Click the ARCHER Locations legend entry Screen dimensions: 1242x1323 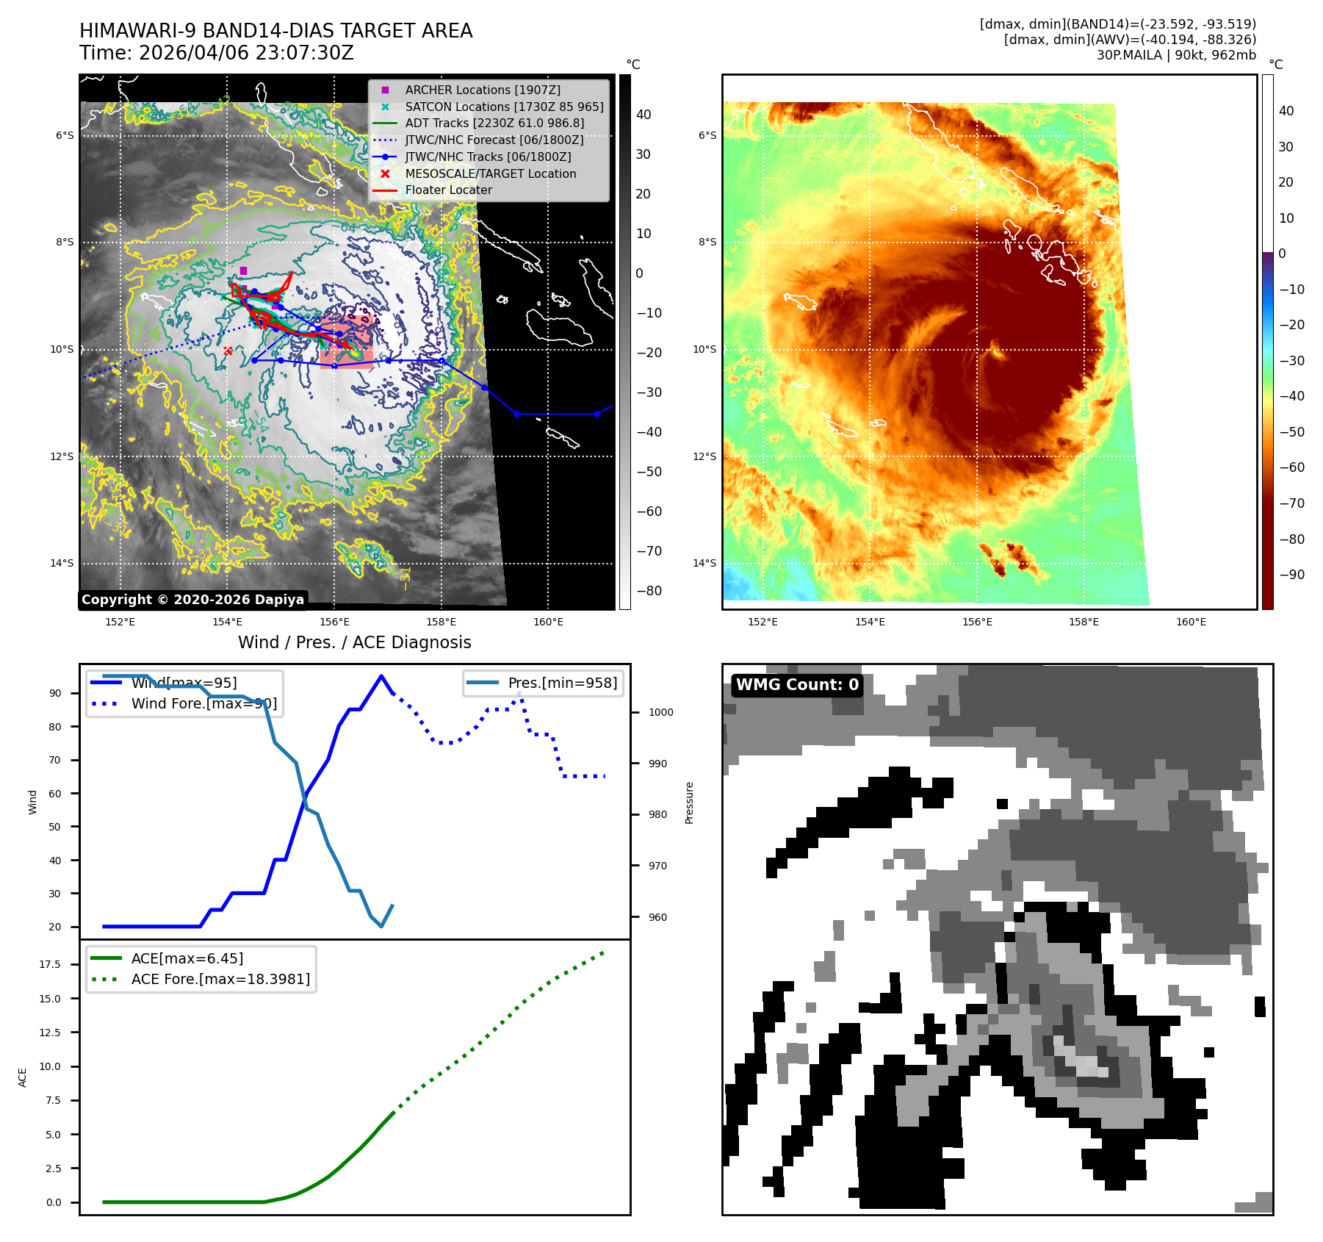482,90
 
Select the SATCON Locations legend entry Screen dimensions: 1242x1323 504,107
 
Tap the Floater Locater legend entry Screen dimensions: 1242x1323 448,190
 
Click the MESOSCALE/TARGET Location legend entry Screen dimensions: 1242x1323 490,173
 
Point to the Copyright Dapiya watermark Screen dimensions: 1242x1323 192,600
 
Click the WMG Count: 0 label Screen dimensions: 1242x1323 797,685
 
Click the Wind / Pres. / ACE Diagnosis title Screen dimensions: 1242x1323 355,642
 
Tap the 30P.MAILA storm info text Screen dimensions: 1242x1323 1176,55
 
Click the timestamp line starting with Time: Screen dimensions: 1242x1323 217,53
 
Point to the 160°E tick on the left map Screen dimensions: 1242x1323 548,622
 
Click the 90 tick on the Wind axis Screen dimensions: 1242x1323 55,693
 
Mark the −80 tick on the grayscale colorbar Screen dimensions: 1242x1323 649,591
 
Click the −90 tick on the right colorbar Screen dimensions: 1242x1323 1291,575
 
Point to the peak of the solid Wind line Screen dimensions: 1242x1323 381,676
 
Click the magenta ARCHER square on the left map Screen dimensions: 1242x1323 243,270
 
